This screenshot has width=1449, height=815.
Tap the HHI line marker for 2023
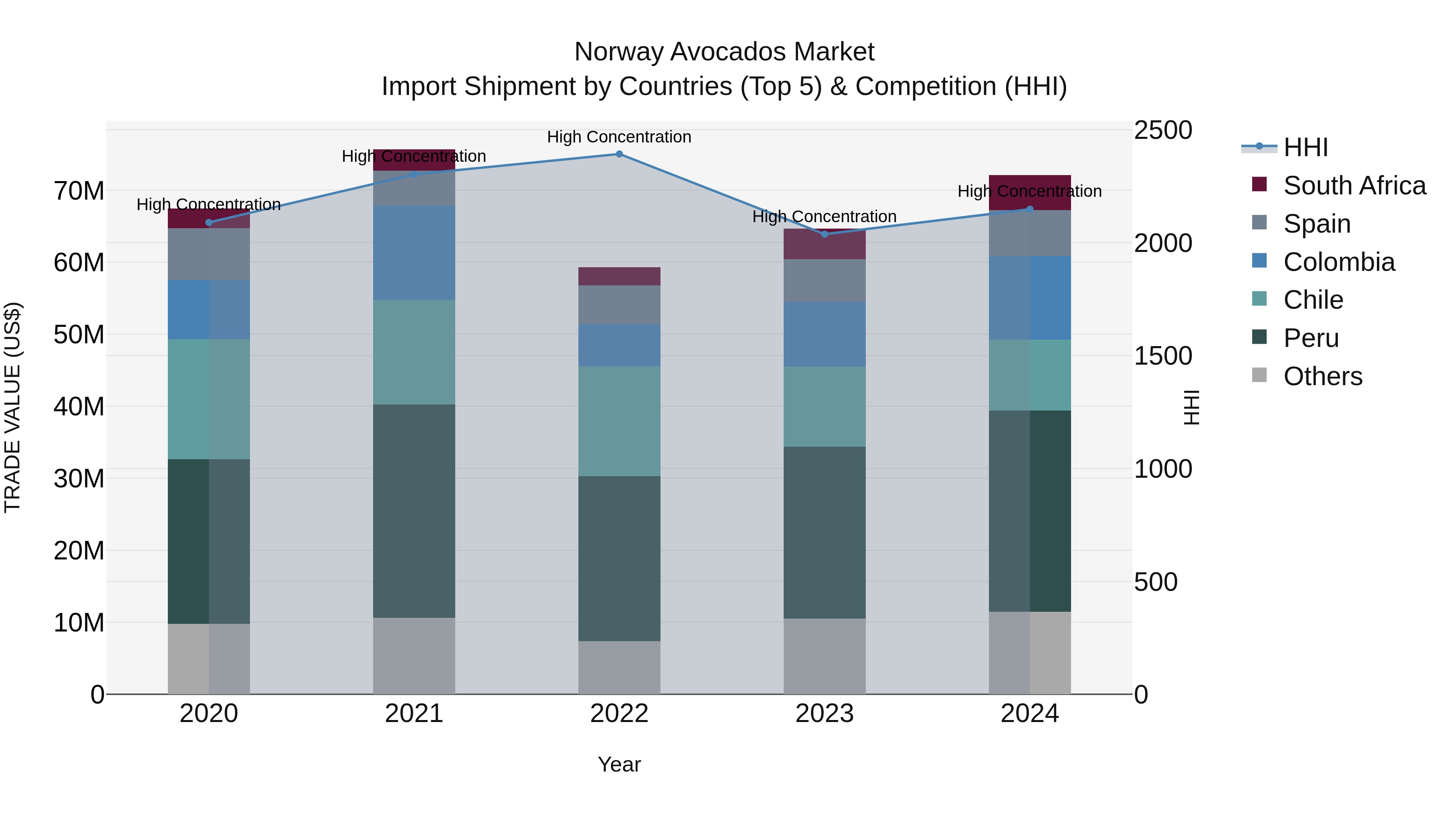(x=825, y=234)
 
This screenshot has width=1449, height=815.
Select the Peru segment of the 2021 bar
(x=414, y=511)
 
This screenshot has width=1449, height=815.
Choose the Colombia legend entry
(x=1339, y=262)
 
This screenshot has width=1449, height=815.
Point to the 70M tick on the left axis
(x=79, y=191)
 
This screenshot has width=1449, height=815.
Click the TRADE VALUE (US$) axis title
(x=12, y=407)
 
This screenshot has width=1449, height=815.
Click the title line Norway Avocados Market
(x=724, y=52)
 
